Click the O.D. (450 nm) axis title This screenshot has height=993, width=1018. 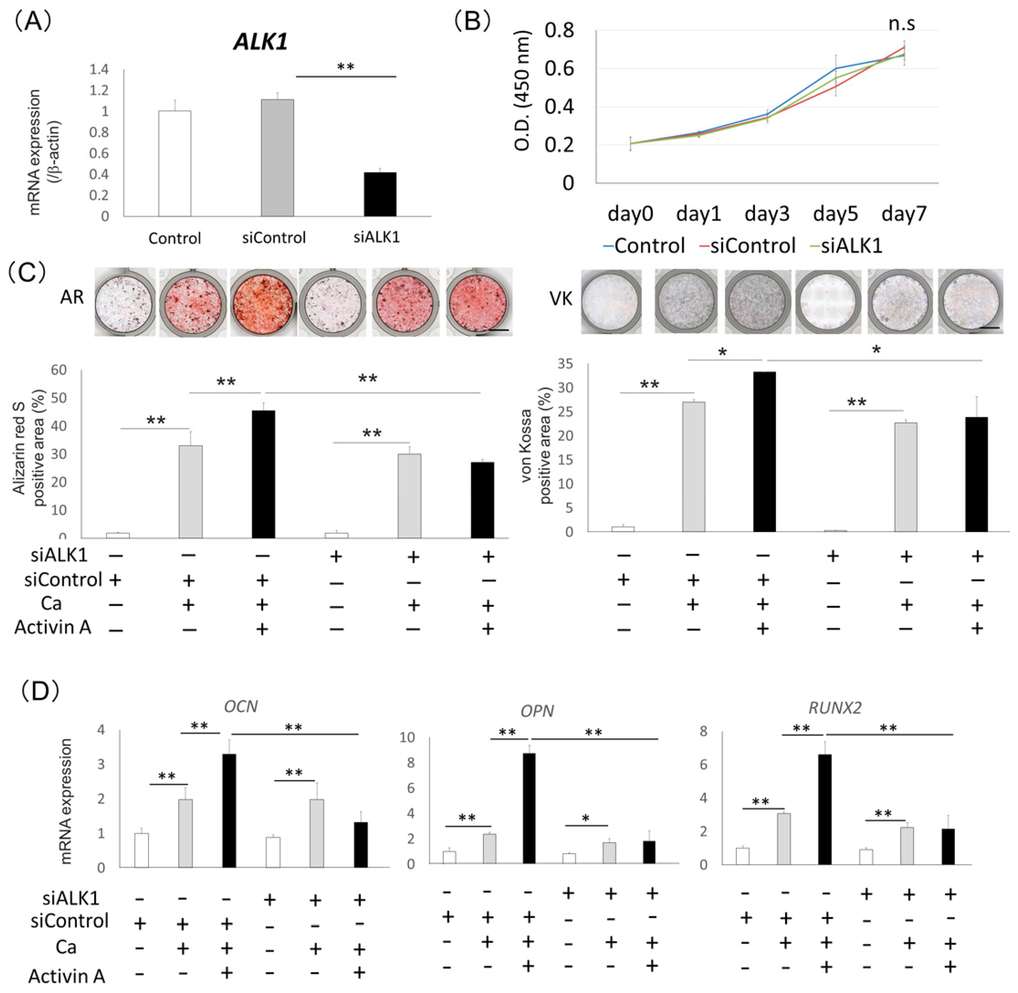pyautogui.click(x=522, y=91)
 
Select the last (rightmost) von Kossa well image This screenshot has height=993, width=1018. pyautogui.click(x=970, y=301)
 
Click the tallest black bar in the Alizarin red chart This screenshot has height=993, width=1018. pyautogui.click(x=263, y=474)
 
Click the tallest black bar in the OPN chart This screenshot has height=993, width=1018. pyautogui.click(x=529, y=808)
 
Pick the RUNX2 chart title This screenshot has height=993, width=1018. pyautogui.click(x=835, y=708)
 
